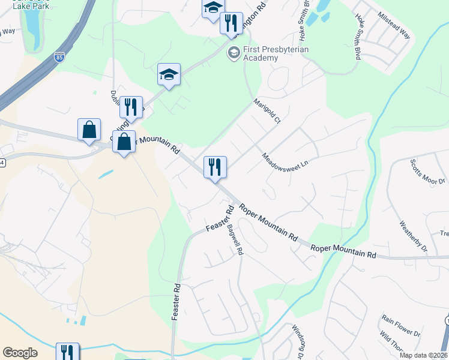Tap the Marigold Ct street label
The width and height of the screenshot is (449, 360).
click(268, 111)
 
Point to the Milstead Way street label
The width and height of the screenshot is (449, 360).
click(394, 25)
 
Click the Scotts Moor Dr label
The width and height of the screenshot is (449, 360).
click(427, 172)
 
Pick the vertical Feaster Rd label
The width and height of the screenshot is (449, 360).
click(176, 302)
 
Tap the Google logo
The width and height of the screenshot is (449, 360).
click(20, 353)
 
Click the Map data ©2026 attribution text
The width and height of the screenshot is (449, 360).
click(424, 355)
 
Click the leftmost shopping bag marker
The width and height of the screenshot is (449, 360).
click(89, 130)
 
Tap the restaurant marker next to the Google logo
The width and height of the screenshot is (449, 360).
click(67, 352)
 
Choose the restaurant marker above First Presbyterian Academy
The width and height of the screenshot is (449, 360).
click(231, 23)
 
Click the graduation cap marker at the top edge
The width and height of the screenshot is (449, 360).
click(212, 8)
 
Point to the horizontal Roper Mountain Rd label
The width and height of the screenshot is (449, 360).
click(343, 251)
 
